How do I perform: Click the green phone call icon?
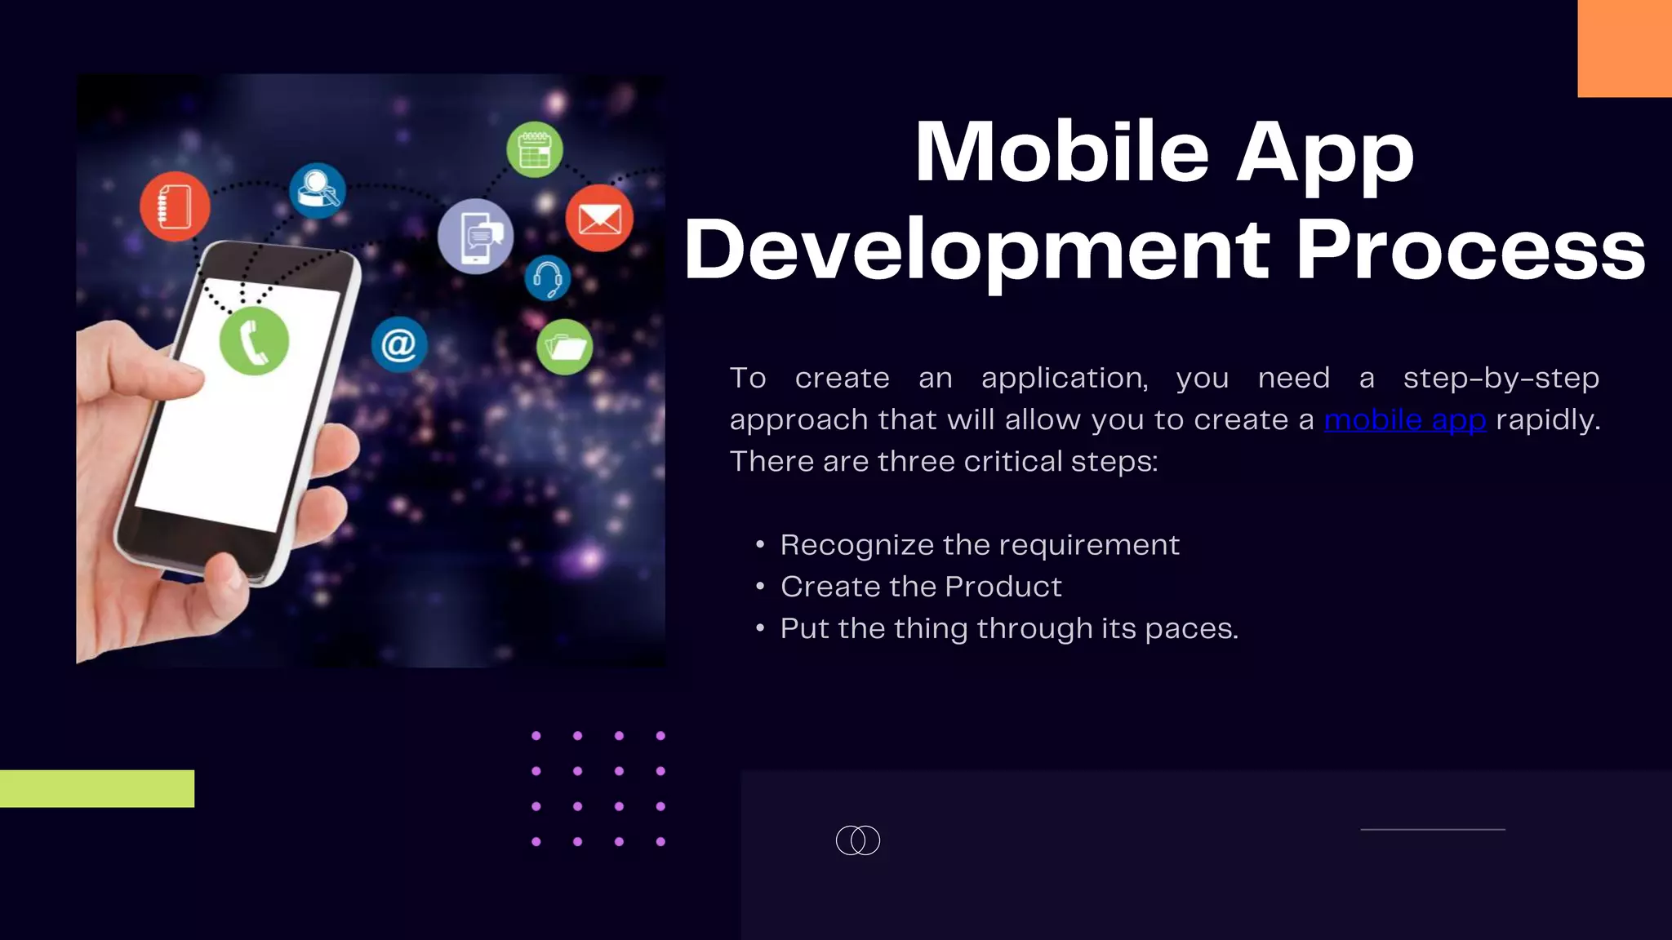254,341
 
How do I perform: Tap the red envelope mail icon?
599,218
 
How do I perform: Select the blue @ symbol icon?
399,344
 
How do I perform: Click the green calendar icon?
535,150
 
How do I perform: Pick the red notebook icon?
175,206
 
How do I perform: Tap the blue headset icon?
547,277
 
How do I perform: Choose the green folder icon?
565,347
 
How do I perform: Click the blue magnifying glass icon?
317,191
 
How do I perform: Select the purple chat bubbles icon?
476,236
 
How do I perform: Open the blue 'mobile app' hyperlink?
1405,419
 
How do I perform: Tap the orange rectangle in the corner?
1625,48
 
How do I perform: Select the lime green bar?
97,788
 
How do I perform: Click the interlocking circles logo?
858,840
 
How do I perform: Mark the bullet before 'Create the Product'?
760,587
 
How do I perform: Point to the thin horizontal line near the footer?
1433,829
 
